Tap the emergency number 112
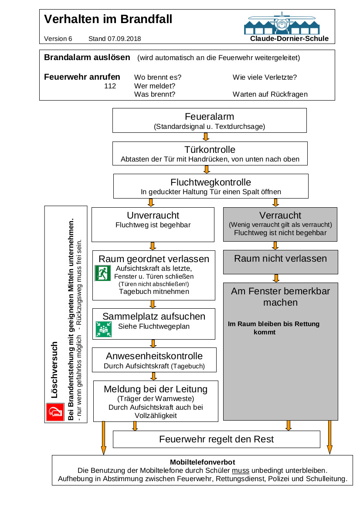pyautogui.click(x=110, y=86)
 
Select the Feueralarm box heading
pyautogui.click(x=209, y=117)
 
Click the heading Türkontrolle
pyautogui.click(x=210, y=150)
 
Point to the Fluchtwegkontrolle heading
pyautogui.click(x=211, y=182)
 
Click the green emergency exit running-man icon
pyautogui.click(x=103, y=273)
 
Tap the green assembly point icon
pyautogui.click(x=103, y=329)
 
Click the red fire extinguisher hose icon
pyautogui.click(x=55, y=412)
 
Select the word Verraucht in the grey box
pyautogui.click(x=280, y=216)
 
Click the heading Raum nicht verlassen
pyautogui.click(x=280, y=259)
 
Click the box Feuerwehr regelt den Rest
pyautogui.click(x=216, y=439)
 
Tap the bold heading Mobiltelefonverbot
pyautogui.click(x=202, y=462)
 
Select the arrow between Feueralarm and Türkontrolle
pyautogui.click(x=206, y=137)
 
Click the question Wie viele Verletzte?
pyautogui.click(x=265, y=78)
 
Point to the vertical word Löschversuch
pyautogui.click(x=54, y=370)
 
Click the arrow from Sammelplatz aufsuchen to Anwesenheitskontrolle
pyautogui.click(x=153, y=343)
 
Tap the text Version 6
pyautogui.click(x=58, y=39)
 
